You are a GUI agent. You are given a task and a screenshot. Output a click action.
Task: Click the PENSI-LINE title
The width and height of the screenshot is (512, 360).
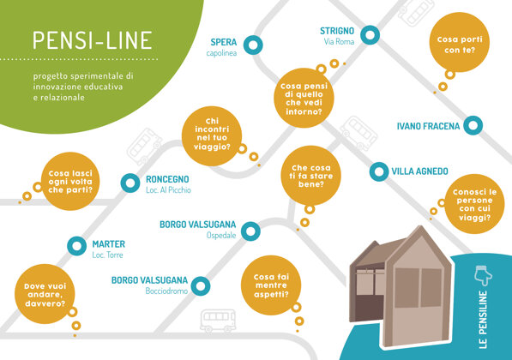tap(93, 40)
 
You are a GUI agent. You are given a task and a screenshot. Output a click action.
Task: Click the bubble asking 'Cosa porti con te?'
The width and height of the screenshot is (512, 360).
tap(460, 43)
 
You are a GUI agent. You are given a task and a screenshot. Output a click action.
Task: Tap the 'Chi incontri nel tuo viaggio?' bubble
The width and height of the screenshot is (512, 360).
tap(212, 136)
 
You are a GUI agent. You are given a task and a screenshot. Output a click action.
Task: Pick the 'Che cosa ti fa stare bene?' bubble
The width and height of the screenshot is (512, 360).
tap(310, 176)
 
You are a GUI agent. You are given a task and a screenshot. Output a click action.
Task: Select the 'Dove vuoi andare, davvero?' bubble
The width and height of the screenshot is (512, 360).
tap(45, 294)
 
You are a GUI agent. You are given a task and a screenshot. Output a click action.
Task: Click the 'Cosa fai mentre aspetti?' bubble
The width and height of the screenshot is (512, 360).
tap(271, 285)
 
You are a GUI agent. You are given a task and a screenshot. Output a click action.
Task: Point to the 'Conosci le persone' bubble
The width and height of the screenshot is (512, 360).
tap(474, 204)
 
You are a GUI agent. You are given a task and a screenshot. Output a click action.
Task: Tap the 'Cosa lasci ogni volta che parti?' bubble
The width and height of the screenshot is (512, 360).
tap(70, 182)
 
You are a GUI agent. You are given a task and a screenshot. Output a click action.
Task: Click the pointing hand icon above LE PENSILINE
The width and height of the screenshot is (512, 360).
tap(483, 276)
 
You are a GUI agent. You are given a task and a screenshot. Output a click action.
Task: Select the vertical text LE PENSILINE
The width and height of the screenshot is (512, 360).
tap(483, 320)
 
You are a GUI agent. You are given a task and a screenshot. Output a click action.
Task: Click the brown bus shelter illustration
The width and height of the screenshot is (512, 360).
tap(401, 287)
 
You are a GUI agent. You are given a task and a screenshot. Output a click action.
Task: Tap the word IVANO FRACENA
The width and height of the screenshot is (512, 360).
tap(428, 126)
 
